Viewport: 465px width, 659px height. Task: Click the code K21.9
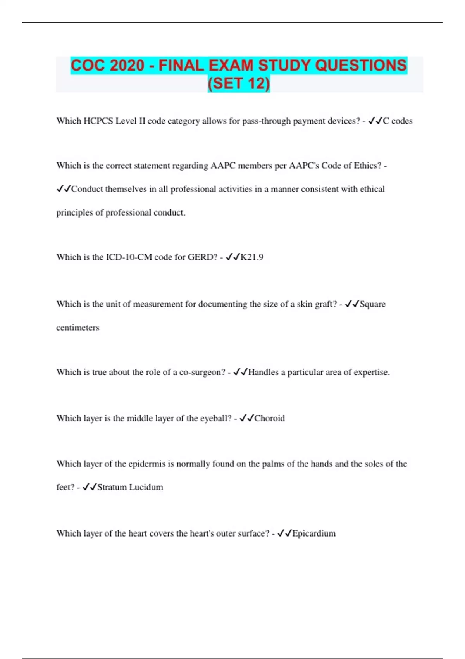click(x=252, y=257)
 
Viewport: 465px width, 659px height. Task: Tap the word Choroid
click(x=269, y=419)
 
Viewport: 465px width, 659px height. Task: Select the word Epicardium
click(x=314, y=534)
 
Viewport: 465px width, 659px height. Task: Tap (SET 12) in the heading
click(x=239, y=84)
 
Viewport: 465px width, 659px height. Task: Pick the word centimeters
click(x=77, y=328)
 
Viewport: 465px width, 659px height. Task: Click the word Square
click(x=372, y=304)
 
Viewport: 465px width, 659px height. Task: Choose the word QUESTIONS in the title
click(x=361, y=66)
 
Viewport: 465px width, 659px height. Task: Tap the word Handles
click(x=263, y=373)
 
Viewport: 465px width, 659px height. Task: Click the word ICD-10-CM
click(x=129, y=257)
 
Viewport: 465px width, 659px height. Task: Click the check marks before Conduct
click(x=64, y=189)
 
